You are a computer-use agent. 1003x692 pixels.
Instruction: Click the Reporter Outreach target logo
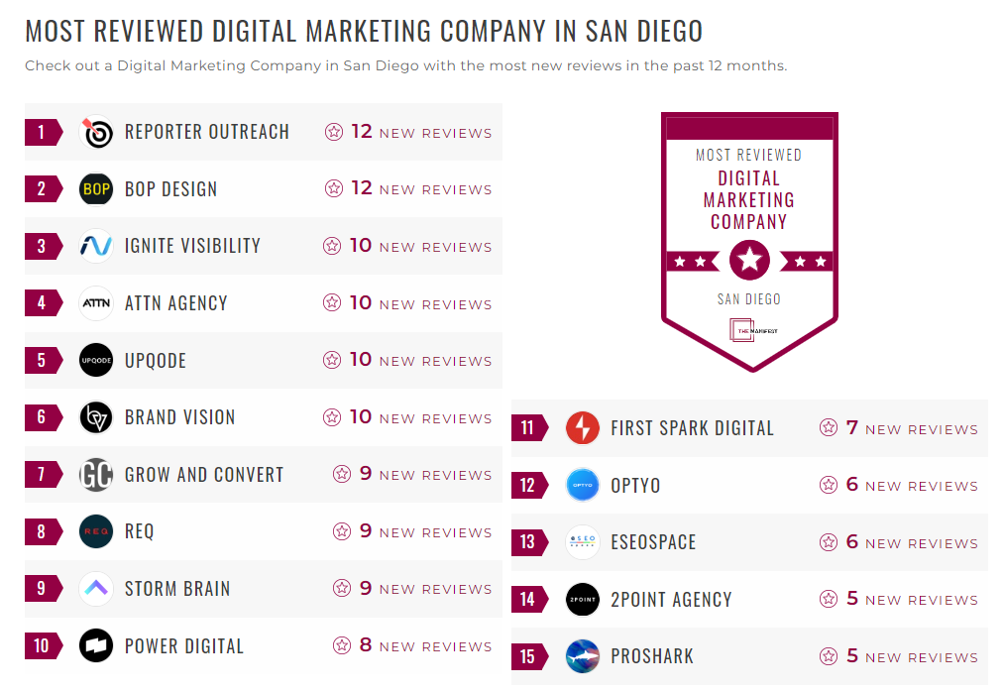click(96, 132)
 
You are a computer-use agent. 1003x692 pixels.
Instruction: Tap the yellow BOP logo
click(96, 188)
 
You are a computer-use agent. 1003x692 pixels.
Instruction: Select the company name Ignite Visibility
click(192, 246)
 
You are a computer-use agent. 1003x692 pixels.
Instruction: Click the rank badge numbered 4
click(41, 303)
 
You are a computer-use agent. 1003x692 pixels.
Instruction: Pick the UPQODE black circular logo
click(96, 360)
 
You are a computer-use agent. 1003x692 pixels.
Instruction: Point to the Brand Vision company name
click(179, 417)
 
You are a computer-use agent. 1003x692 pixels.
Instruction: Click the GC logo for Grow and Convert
click(96, 475)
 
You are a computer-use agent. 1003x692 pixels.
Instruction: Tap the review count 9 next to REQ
click(366, 531)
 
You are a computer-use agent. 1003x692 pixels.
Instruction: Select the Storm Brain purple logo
click(96, 589)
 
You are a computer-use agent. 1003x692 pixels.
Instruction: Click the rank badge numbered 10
click(41, 646)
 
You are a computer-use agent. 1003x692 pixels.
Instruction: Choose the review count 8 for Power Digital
click(366, 645)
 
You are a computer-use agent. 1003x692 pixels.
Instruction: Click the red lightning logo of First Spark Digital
click(583, 428)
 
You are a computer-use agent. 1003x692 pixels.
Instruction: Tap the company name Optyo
click(635, 486)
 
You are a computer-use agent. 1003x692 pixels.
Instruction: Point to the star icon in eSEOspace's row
click(829, 542)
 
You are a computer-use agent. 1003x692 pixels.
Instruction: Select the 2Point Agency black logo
click(583, 600)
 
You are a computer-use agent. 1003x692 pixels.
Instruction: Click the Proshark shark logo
click(583, 656)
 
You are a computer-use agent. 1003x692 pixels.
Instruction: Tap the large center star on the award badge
click(749, 261)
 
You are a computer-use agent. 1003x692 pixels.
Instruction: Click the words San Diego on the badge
click(749, 299)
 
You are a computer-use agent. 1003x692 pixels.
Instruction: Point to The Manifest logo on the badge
click(749, 331)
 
